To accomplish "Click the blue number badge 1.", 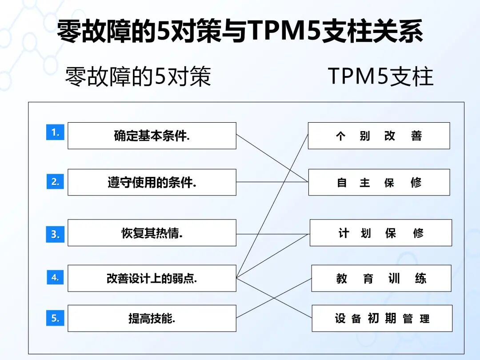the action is coord(55,132).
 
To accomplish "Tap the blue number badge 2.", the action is coord(55,181).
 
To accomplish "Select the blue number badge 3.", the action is coord(55,234).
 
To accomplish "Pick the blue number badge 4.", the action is coord(55,277).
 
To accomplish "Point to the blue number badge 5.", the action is coord(55,318).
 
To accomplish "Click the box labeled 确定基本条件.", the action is coord(152,136).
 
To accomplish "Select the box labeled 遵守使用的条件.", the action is coord(152,182).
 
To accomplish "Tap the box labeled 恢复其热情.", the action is coord(152,232).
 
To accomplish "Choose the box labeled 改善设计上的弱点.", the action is coord(152,278).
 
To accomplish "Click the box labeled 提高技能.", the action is coord(152,318).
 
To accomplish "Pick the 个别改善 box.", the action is coord(379,136).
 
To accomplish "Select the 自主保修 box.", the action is coord(379,182).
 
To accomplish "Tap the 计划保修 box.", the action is coord(381,232).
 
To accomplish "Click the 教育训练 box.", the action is coord(381,278).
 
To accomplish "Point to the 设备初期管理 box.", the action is coord(382,318).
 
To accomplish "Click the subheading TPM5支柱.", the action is coord(380,76).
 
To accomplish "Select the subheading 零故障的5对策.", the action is coord(138,76).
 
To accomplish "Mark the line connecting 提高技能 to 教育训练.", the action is coord(274,298).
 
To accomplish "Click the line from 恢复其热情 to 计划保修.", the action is coord(273,234).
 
